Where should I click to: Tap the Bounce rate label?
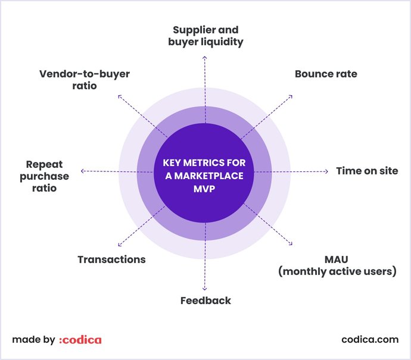coord(326,74)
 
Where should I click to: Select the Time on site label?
coord(366,171)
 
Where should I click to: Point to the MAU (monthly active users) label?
coord(337,266)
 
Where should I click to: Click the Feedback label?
coord(205,300)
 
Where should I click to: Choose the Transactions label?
coord(111,259)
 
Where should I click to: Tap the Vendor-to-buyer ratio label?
coord(84,80)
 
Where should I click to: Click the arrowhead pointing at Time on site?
coord(326,171)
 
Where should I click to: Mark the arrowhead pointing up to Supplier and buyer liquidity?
coord(205,58)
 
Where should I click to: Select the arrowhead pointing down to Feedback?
coord(205,287)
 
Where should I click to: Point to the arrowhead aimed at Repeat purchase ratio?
coord(83,171)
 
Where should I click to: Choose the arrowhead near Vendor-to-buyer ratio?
coord(120,95)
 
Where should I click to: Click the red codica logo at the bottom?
coord(80,340)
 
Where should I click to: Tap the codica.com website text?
coord(369,340)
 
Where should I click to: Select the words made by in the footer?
coord(33,340)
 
